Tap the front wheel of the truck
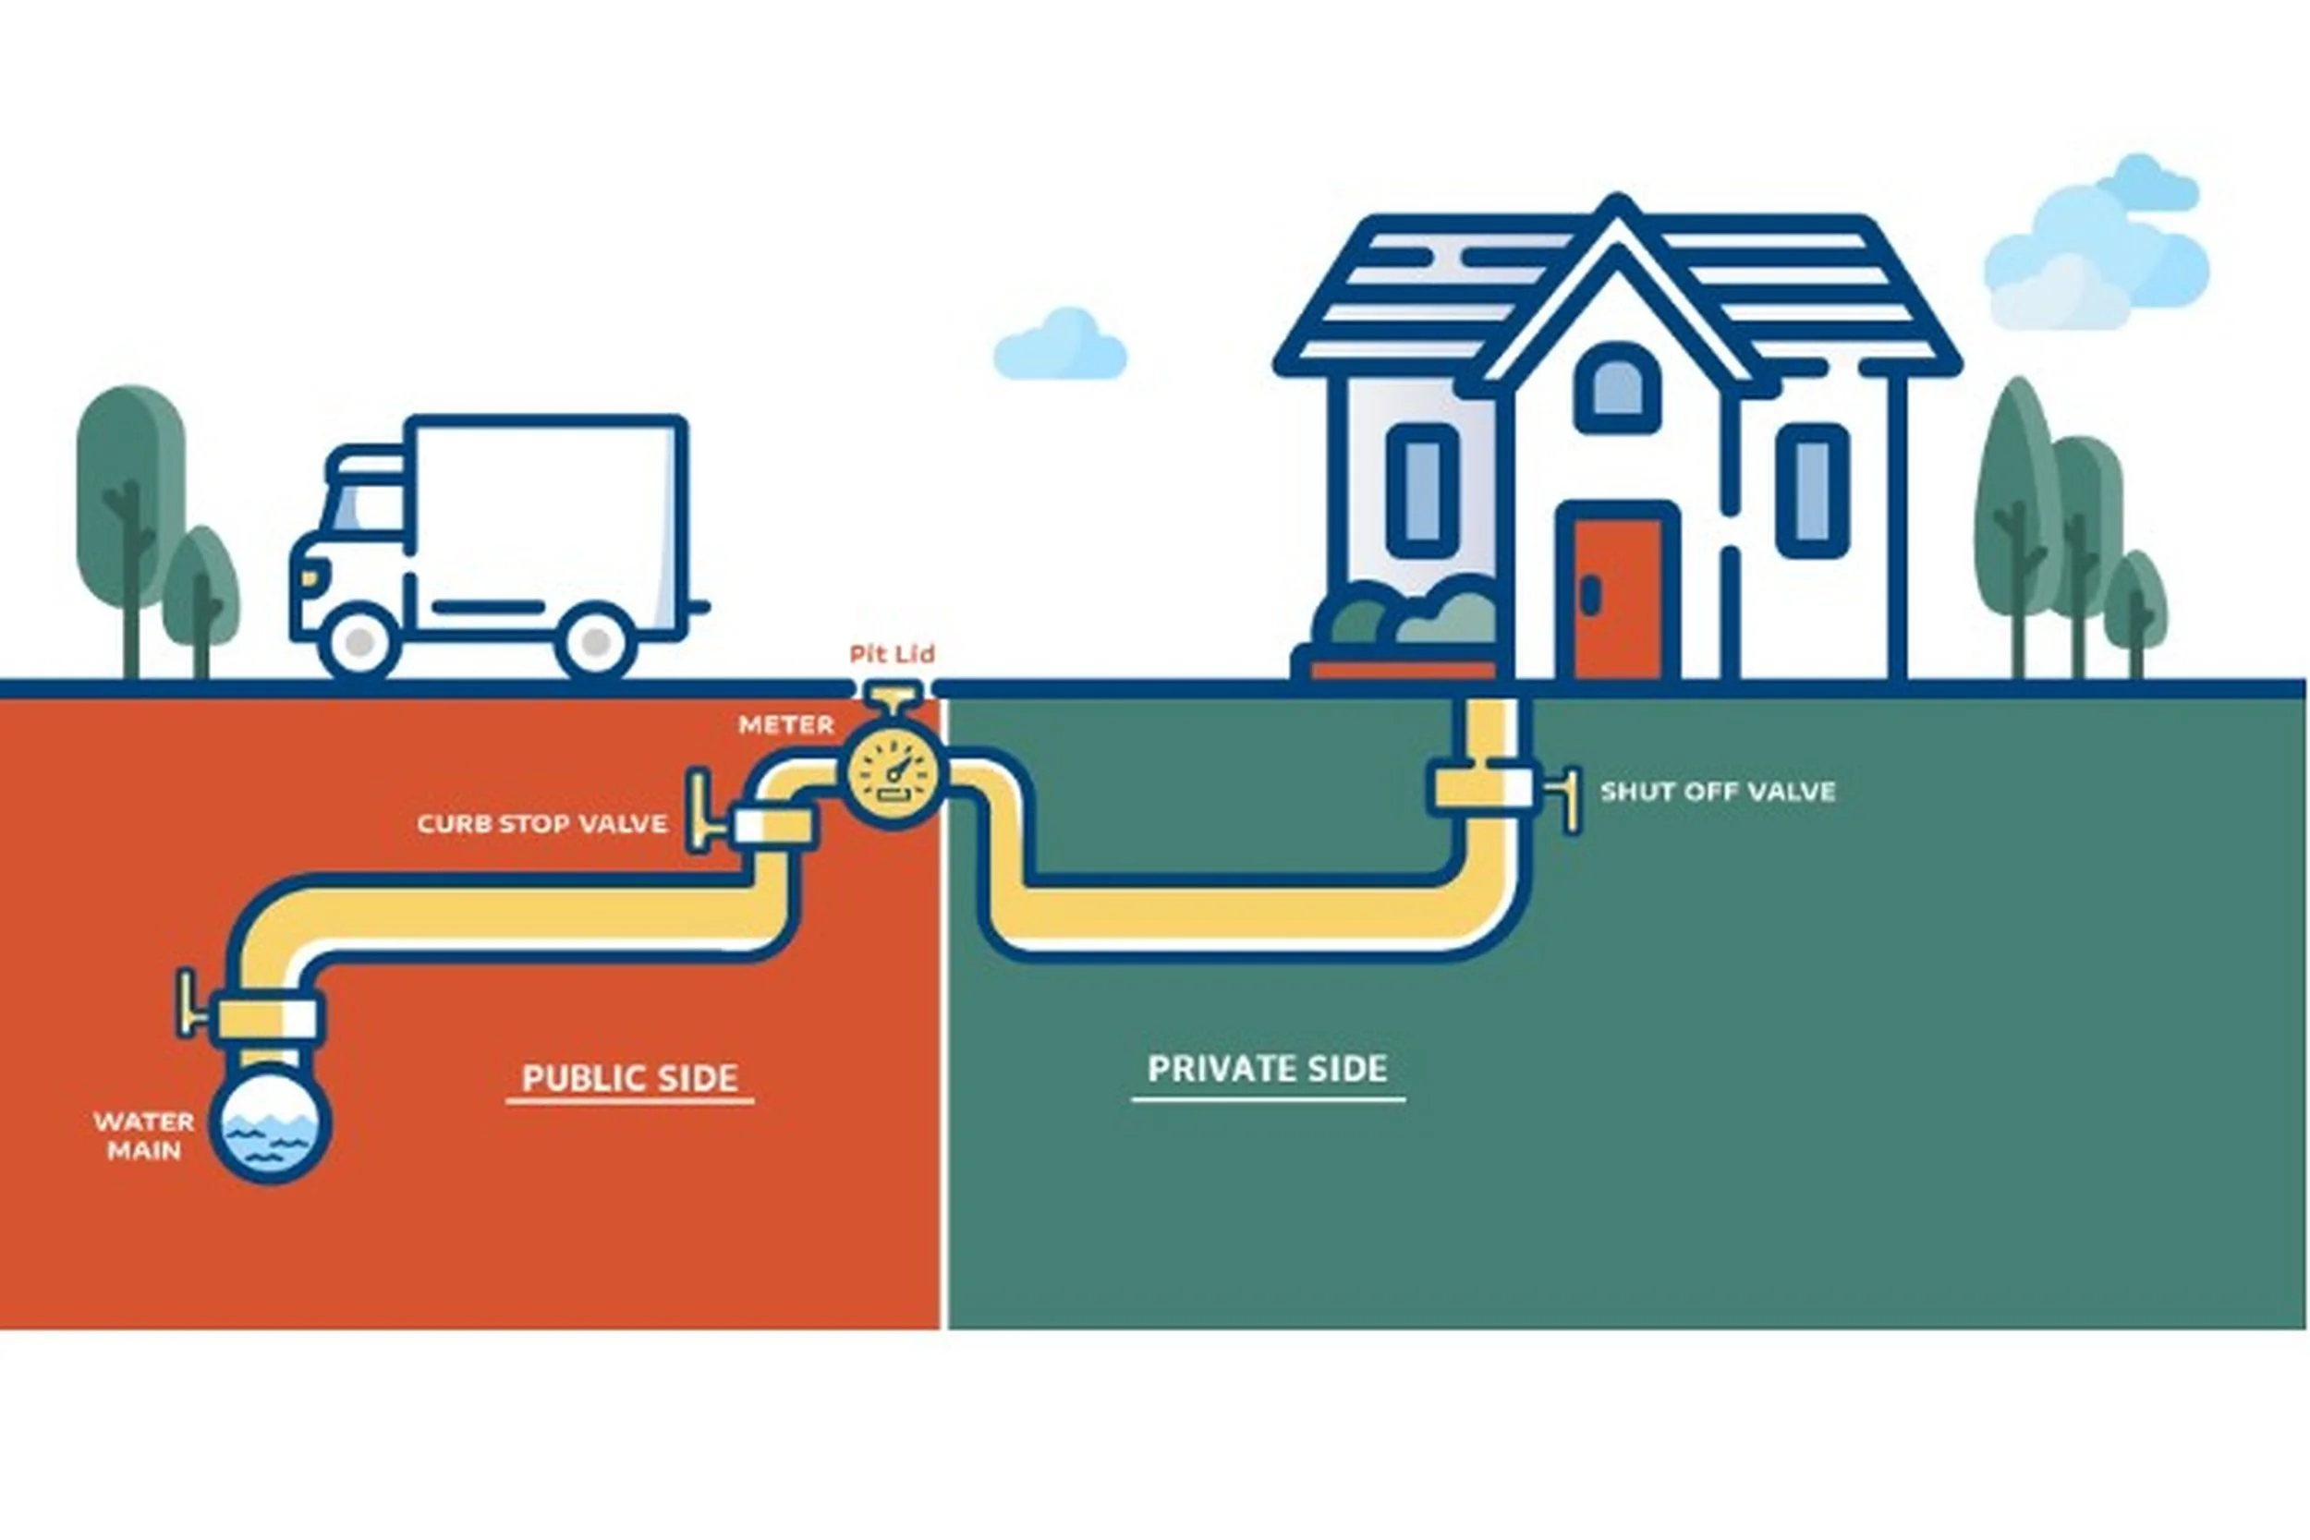coord(359,641)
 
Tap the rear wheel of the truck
coord(595,642)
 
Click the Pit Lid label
coord(892,654)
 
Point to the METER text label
coord(785,725)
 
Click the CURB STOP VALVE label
coord(542,823)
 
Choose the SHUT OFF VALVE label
coord(1718,792)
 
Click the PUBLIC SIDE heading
coord(629,1077)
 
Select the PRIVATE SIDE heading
coord(1267,1068)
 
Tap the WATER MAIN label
coord(143,1135)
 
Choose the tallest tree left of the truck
coord(130,491)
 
